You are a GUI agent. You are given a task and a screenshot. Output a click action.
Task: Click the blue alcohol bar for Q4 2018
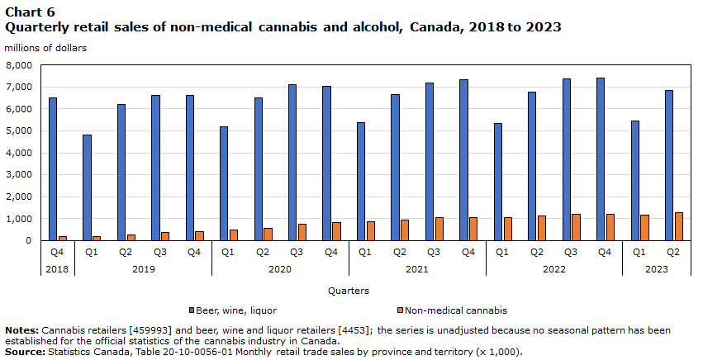(53, 169)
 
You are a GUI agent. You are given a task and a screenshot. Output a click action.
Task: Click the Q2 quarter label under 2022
(537, 252)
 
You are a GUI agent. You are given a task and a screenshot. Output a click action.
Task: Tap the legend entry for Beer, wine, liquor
(230, 310)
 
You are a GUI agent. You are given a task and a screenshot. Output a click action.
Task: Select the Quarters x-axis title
(349, 291)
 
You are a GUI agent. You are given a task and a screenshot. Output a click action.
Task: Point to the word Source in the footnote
(24, 352)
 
